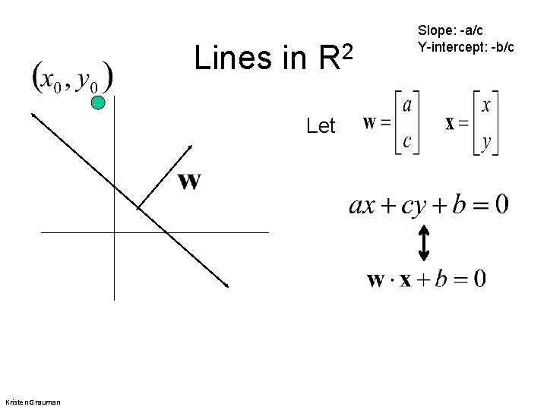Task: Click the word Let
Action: [321, 126]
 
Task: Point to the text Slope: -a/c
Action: [450, 31]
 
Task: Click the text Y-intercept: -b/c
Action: [466, 47]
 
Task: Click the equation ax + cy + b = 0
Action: [429, 204]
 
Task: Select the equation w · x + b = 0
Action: [426, 279]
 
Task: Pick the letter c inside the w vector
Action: [406, 140]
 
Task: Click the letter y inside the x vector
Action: [486, 141]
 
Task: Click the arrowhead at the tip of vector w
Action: [190, 146]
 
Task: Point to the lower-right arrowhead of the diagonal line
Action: [226, 285]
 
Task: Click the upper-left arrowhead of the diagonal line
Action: [33, 114]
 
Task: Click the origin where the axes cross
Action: [114, 232]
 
